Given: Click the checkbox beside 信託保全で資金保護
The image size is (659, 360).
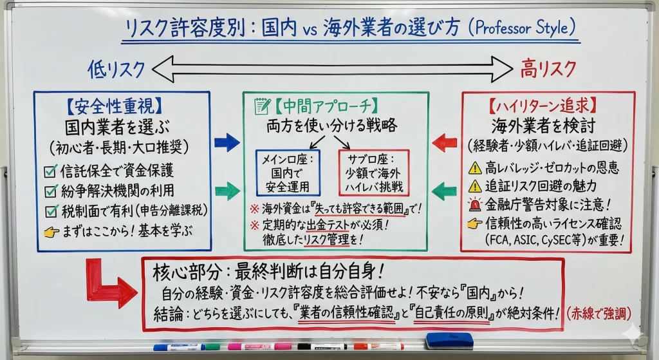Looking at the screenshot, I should tap(50, 171).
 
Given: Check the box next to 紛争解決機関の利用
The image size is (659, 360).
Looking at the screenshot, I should tap(50, 191).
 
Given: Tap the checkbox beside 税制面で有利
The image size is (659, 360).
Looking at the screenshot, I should tap(50, 211).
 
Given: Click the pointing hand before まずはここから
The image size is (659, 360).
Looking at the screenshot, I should tap(51, 230).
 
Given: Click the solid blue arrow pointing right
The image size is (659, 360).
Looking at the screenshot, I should tap(227, 142).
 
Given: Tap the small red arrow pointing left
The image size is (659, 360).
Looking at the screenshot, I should tap(444, 143).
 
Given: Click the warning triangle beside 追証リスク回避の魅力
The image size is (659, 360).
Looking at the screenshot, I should tap(475, 187).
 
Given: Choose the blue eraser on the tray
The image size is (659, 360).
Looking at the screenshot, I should tap(449, 341).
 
